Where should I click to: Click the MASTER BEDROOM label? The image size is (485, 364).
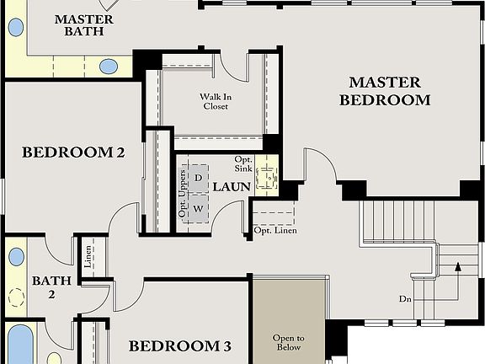point(384,91)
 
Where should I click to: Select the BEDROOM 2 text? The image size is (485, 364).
point(73,153)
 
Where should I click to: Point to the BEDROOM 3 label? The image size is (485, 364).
point(179,346)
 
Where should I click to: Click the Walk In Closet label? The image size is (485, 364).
point(216,101)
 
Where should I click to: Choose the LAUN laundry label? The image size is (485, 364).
point(230,186)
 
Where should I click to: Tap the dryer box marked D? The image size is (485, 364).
point(198,178)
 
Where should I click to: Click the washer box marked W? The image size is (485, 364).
point(198,207)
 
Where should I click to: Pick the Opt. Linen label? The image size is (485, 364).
point(275,231)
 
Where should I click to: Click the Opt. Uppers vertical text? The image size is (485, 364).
point(182,193)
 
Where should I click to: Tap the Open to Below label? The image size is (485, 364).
point(288,342)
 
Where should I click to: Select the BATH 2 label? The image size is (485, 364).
point(44,287)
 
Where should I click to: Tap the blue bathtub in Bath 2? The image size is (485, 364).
point(19,345)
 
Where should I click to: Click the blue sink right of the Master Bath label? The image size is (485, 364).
point(109,66)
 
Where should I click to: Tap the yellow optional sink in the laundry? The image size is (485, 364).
point(268,177)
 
